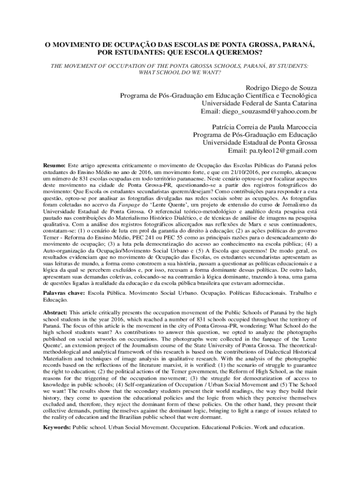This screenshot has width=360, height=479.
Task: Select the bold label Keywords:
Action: (58, 428)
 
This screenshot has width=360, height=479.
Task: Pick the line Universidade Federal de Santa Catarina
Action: (259, 103)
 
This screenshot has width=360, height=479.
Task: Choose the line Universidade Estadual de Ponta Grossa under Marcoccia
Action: (259, 143)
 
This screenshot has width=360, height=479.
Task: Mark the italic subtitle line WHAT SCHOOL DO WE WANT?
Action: (180, 73)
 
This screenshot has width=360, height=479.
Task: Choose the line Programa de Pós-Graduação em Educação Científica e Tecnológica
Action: (218, 96)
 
